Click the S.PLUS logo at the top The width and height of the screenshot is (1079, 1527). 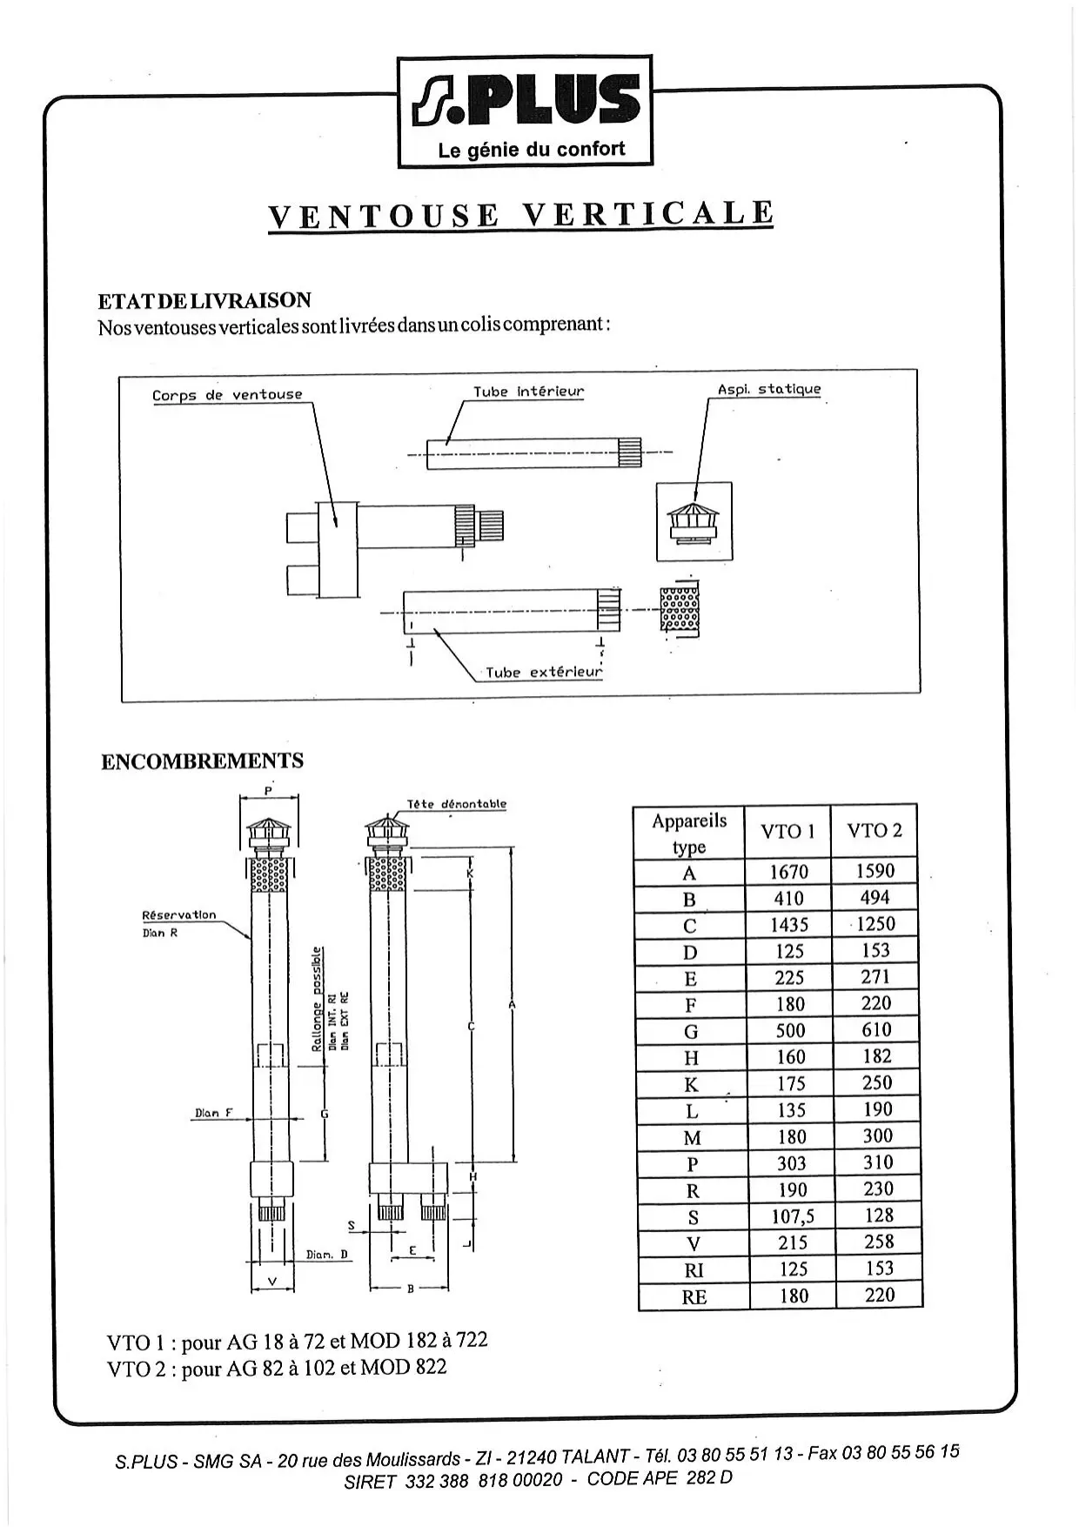[525, 111]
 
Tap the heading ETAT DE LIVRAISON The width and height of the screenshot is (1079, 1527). [204, 301]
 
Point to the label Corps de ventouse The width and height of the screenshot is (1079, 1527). [227, 395]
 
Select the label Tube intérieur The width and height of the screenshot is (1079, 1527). [528, 392]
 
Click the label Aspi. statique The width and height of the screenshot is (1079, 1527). [768, 389]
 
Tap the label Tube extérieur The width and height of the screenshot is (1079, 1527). [543, 672]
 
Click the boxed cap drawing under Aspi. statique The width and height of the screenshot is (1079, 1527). [694, 522]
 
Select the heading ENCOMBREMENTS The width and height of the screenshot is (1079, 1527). [202, 761]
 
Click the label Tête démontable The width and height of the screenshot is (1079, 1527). [456, 804]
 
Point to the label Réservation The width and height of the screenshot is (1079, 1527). [178, 915]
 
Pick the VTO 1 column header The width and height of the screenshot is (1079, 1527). [787, 832]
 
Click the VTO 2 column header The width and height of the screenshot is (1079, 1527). [875, 830]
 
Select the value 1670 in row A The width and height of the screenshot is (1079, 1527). [788, 872]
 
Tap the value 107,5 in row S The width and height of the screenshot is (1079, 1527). [792, 1216]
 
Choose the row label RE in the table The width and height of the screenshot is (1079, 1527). [694, 1296]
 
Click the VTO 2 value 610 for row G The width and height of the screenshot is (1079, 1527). [876, 1030]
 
